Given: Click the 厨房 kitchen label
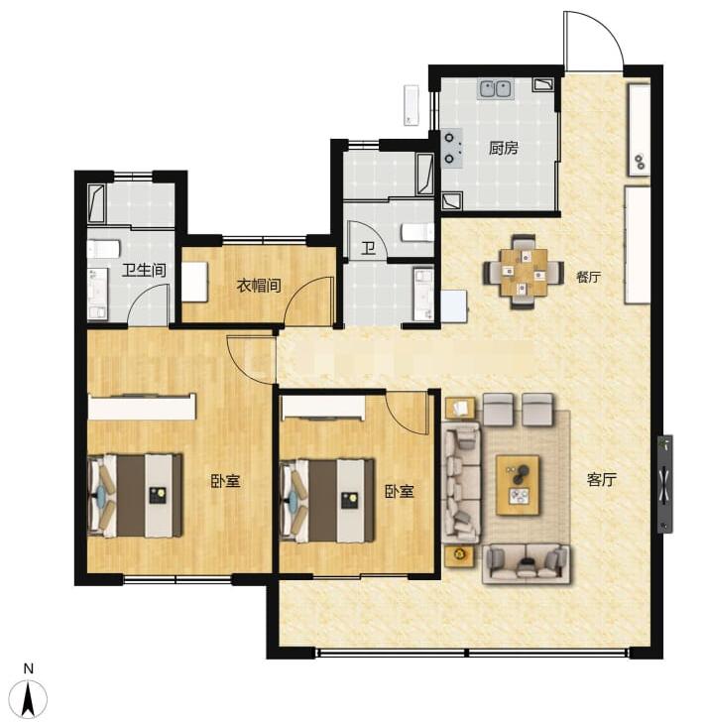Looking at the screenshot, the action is (x=504, y=149).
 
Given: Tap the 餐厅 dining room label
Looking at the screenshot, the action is (x=588, y=277).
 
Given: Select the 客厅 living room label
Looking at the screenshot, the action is (x=602, y=480).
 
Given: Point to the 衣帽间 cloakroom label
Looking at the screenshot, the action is (x=259, y=286).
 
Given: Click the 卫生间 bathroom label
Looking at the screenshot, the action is (x=144, y=270).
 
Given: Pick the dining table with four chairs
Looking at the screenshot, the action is (x=524, y=273).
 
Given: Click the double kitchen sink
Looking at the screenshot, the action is (x=496, y=88).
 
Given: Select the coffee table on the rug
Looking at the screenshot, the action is (x=518, y=485).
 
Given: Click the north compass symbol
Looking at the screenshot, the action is (x=29, y=699).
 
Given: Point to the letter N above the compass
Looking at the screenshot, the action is (x=29, y=668).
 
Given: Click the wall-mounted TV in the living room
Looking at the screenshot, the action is (x=665, y=484).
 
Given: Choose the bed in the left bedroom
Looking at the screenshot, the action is (x=135, y=496).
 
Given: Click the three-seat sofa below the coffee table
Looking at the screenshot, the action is (x=527, y=563).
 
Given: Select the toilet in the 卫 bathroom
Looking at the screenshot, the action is (x=417, y=232).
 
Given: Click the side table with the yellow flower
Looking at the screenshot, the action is (x=459, y=556).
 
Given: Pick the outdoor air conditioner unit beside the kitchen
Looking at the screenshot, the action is (x=412, y=105).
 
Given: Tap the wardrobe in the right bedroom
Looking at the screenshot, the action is (x=323, y=408).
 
